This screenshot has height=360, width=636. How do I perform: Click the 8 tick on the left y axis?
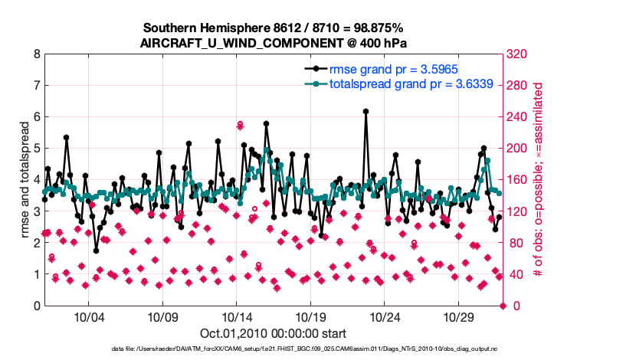click(37, 54)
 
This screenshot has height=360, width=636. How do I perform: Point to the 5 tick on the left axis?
click(37, 149)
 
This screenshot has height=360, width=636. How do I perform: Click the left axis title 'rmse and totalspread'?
click(23, 180)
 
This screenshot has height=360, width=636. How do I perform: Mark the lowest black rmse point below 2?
click(97, 250)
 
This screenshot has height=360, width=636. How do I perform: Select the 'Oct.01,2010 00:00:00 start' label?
click(273, 333)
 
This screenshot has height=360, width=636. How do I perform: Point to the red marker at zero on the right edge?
click(503, 306)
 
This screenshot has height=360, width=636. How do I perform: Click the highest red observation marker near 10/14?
click(240, 124)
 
